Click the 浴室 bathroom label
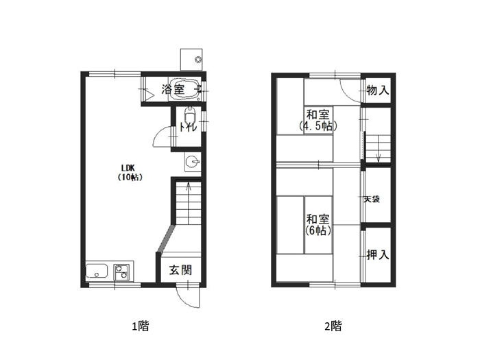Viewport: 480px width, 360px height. (x=173, y=89)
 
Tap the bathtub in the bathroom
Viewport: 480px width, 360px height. (x=185, y=89)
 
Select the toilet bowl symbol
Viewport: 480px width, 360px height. (x=190, y=115)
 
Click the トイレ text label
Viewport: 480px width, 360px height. (x=189, y=127)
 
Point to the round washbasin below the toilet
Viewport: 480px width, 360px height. (x=193, y=162)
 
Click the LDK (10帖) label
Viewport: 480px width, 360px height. (x=130, y=172)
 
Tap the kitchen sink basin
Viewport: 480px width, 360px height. (x=97, y=271)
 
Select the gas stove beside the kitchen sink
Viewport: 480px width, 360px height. (x=121, y=272)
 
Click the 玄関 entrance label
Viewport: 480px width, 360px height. (x=180, y=270)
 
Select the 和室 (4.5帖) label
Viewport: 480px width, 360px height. (x=318, y=120)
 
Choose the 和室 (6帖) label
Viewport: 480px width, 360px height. (x=318, y=225)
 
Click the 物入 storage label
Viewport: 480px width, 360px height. (x=378, y=91)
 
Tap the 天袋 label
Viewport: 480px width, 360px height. (x=372, y=200)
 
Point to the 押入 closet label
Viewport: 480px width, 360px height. (x=378, y=254)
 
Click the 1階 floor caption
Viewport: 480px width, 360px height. (x=141, y=326)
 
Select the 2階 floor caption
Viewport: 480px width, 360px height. (x=333, y=326)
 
